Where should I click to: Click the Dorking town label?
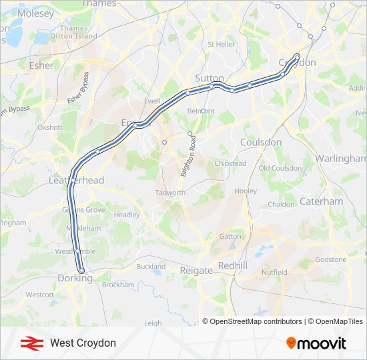[x=75, y=279]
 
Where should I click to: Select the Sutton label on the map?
[x=210, y=77]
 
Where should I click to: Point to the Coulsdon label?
[x=261, y=142]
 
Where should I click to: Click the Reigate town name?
[x=196, y=271]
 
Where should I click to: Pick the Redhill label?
[x=233, y=265]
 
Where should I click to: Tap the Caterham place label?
[x=321, y=201]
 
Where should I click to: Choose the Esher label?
[x=41, y=65]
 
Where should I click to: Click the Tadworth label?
[x=170, y=193]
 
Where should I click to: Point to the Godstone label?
[x=331, y=259]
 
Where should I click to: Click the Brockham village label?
[x=118, y=284]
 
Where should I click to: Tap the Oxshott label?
[x=49, y=127]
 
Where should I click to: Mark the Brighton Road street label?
[x=191, y=156]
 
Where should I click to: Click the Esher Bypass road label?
[x=77, y=88]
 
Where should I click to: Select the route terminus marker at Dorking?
[x=81, y=271]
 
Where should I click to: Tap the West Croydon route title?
[x=83, y=343]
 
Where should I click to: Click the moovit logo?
[x=316, y=343]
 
